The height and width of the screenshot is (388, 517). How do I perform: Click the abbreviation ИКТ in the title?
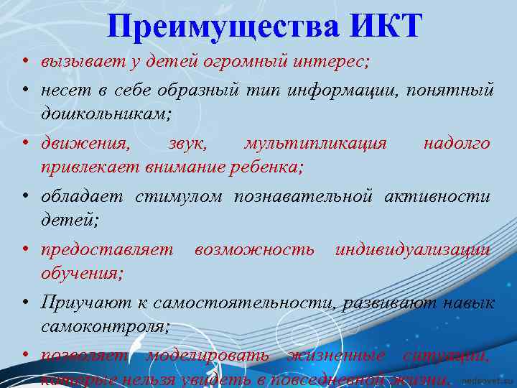tap(386, 27)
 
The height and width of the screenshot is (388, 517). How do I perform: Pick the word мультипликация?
tap(315, 144)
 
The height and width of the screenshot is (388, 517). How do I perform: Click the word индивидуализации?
tap(413, 250)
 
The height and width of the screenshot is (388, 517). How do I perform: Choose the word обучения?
tap(82, 273)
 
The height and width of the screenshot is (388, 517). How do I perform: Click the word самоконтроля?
tap(106, 326)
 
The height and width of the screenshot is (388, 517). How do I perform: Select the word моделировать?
tap(208, 356)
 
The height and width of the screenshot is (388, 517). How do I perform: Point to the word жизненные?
tap(335, 356)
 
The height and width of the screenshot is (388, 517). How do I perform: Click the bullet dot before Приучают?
tap(24, 303)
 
